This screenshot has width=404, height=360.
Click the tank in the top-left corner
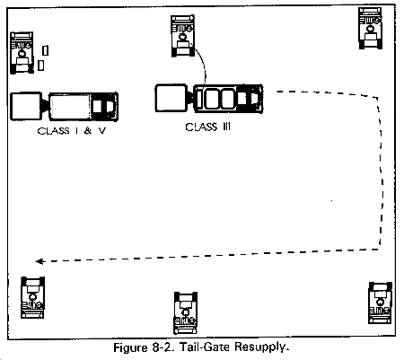point(22,53)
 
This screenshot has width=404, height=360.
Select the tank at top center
point(182,36)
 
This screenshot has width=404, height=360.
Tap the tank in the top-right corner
point(370,28)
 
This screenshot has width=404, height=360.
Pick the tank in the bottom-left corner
point(32,297)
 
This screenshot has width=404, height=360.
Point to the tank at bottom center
point(186,312)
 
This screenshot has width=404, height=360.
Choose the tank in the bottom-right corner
point(380,303)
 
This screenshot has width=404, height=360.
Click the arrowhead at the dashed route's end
point(40,261)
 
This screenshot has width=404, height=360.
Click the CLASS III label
point(208,127)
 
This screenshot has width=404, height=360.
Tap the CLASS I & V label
point(72,131)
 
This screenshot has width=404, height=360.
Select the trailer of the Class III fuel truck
point(171,98)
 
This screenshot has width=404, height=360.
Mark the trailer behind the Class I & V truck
point(26,106)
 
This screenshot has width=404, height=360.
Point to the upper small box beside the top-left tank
point(45,50)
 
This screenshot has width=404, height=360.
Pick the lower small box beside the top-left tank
point(41,66)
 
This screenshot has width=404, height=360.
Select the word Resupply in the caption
point(262,347)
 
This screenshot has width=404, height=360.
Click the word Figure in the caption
point(131,348)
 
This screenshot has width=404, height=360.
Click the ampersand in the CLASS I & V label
point(88,131)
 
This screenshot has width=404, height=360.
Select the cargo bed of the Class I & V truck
point(70,107)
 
